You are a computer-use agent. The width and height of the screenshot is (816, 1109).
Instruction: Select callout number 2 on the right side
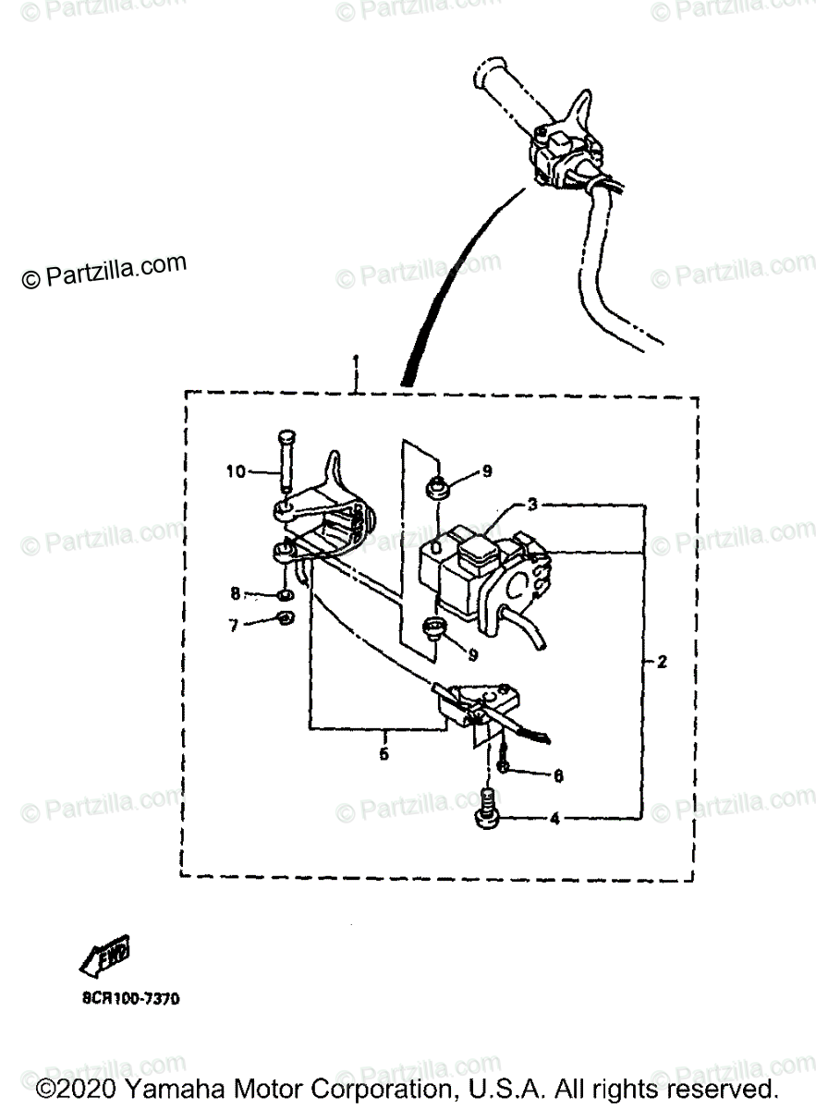[x=661, y=662]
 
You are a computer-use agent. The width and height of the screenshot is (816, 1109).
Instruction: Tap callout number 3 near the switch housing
[x=532, y=505]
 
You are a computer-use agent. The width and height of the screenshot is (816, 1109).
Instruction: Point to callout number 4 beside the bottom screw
[x=555, y=818]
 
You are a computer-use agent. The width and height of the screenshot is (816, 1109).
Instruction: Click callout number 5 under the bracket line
[x=384, y=753]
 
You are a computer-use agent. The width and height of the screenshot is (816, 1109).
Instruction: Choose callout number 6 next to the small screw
[x=557, y=777]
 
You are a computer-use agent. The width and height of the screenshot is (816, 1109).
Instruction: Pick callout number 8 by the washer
[x=236, y=592]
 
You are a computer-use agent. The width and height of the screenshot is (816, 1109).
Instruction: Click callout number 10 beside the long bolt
[x=236, y=472]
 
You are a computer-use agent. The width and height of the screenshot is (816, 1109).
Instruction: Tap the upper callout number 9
[x=486, y=471]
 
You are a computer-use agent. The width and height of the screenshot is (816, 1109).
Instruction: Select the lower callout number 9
[x=472, y=653]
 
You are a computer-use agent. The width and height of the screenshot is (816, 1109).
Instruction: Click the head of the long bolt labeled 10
[x=284, y=439]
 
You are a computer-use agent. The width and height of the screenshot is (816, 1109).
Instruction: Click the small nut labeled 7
[x=286, y=619]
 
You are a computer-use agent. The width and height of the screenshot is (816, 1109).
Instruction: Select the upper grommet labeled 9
[x=438, y=484]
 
